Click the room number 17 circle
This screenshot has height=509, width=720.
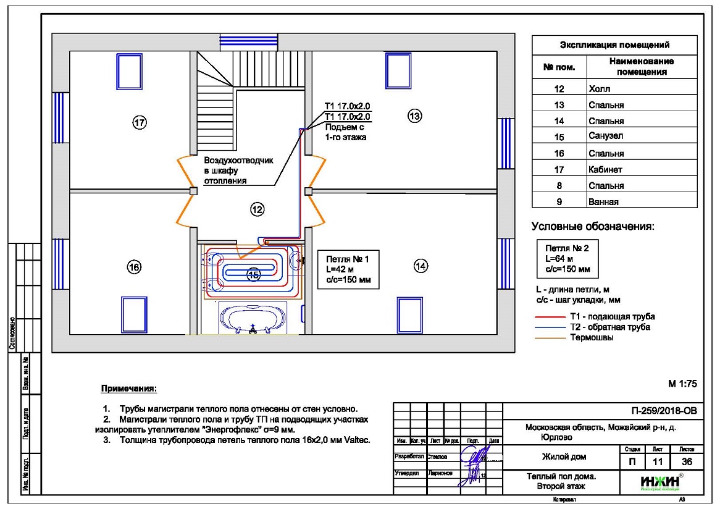tap(140, 123)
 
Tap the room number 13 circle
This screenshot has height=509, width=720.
tap(415, 115)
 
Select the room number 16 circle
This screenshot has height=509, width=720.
tap(134, 267)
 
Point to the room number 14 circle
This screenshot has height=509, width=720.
tap(421, 266)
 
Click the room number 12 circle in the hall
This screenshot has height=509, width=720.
tap(257, 210)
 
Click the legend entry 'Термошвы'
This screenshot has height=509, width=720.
tap(591, 337)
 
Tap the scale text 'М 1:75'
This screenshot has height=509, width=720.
tap(682, 384)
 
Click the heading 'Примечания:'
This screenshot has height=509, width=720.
tap(129, 389)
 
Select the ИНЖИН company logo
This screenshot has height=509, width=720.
tap(659, 481)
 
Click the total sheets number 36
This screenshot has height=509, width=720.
tap(687, 462)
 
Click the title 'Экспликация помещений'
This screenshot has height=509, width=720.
tap(614, 45)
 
